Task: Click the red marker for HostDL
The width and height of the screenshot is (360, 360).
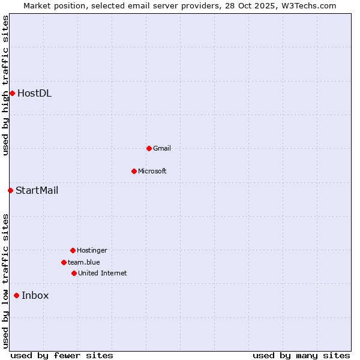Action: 12,93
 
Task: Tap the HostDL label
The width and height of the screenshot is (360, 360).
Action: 34,93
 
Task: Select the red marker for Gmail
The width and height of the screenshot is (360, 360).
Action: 149,148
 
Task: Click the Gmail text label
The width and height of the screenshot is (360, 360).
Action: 162,148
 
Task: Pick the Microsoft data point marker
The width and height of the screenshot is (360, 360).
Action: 134,171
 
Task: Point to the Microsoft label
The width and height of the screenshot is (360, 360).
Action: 152,171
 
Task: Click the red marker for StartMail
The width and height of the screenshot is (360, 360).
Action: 10,191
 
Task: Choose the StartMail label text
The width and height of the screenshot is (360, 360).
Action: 37,191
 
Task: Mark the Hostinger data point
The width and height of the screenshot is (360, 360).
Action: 73,250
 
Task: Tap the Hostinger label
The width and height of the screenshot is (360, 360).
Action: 92,250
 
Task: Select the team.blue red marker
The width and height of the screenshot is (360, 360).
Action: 64,262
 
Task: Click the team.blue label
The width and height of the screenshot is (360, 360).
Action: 84,262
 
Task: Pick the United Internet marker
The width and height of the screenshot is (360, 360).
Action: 74,273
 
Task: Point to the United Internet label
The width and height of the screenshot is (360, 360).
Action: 103,273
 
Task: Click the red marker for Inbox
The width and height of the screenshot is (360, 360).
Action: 16,295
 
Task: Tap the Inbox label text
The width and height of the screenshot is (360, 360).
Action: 35,295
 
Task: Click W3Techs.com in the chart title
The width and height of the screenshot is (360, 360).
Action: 310,5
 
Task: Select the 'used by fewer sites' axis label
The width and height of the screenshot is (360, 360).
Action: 62,355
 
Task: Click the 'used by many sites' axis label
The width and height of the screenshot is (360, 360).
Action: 301,355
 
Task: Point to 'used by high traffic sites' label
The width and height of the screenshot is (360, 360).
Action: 5,85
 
